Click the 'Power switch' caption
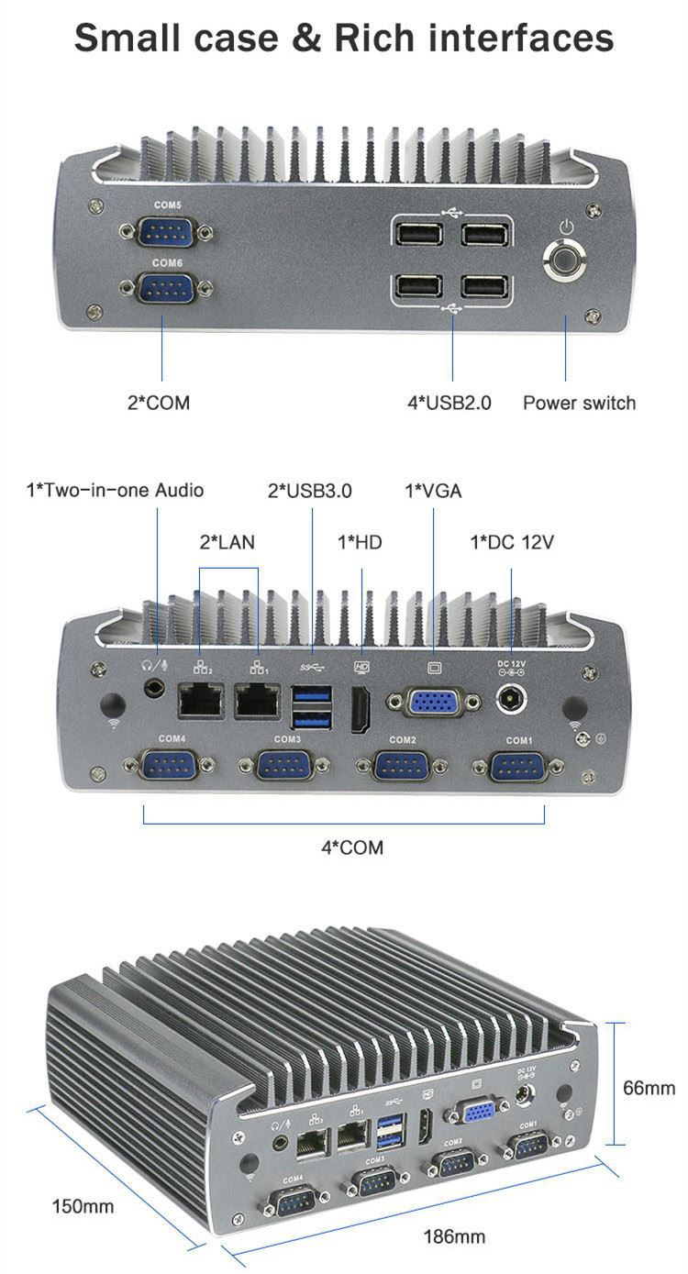click(x=579, y=403)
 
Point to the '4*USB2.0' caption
click(x=449, y=403)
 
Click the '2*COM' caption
click(x=159, y=403)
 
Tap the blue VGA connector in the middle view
click(x=433, y=703)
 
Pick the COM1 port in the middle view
click(x=519, y=765)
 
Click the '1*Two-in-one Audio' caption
click(x=115, y=491)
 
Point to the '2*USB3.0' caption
click(x=309, y=491)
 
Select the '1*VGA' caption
click(x=433, y=491)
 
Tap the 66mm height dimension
click(x=649, y=1088)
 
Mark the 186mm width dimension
click(x=454, y=1236)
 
